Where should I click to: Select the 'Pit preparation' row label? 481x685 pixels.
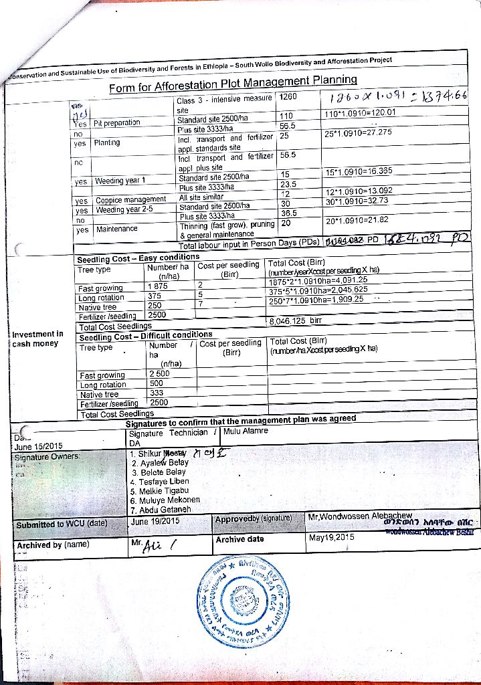pyautogui.click(x=117, y=122)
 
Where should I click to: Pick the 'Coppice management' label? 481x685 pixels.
pyautogui.click(x=130, y=199)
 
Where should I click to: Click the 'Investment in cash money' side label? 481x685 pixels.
pyautogui.click(x=37, y=338)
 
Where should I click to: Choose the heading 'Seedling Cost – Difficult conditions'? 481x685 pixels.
pyautogui.click(x=145, y=335)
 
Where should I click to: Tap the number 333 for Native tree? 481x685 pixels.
pyautogui.click(x=157, y=393)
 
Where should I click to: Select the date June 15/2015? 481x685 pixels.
pyautogui.click(x=38, y=446)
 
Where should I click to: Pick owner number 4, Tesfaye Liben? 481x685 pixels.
pyautogui.click(x=159, y=481)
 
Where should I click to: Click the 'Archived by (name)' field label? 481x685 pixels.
pyautogui.click(x=53, y=545)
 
